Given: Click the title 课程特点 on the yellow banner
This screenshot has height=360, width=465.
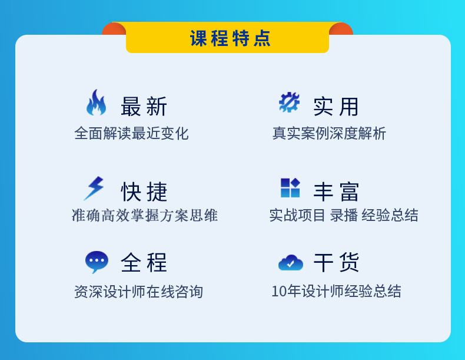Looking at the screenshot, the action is [230, 38].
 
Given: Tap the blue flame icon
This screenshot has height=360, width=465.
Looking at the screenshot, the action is [96, 103].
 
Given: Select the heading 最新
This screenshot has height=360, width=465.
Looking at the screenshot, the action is [144, 106].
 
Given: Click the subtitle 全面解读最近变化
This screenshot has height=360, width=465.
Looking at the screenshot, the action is [131, 133].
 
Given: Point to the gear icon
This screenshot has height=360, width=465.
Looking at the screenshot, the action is [289, 102].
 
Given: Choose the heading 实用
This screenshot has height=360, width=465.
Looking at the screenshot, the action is [336, 107].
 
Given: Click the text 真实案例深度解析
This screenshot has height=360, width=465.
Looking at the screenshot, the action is [329, 133].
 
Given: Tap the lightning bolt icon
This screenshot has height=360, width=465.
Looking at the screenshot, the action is [94, 189].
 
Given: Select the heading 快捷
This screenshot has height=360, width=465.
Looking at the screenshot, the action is [144, 191].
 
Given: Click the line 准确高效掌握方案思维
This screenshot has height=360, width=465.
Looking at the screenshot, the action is [145, 215].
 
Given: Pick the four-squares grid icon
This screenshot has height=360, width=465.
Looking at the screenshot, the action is [290, 187].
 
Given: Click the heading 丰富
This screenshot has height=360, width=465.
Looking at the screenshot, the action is [336, 191].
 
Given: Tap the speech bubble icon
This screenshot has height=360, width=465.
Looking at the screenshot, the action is [97, 261].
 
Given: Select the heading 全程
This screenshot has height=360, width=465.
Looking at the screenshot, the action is [144, 262].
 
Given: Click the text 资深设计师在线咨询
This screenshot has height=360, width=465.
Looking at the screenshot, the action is [138, 292].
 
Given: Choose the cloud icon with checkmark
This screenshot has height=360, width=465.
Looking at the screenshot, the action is [291, 263].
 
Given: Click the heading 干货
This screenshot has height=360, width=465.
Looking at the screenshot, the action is [336, 262].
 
